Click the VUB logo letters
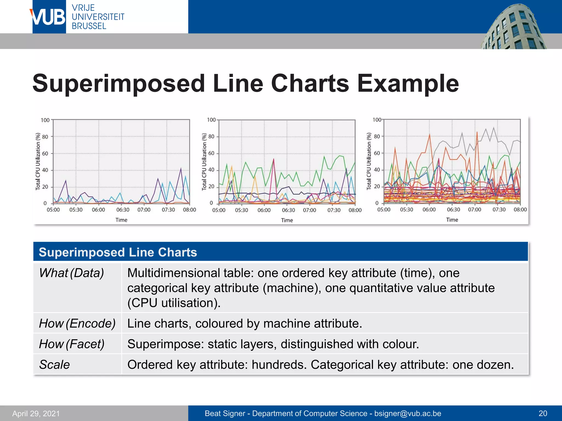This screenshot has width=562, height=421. pos(49,17)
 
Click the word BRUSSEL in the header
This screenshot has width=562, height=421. pos(89,26)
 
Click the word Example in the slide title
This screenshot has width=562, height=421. pos(408,83)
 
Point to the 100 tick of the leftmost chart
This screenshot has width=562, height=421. pos(45,120)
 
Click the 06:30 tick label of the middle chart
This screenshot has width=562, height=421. pos(288,210)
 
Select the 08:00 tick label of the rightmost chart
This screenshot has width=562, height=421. pos(520,210)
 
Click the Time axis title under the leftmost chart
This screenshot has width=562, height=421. pos(121,220)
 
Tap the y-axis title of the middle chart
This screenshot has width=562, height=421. pos(204,162)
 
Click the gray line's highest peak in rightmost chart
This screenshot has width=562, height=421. pos(494,128)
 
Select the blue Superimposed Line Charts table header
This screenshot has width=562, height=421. pos(280,252)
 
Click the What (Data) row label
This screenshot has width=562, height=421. pos(71,273)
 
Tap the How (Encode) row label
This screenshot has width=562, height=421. pos(77,323)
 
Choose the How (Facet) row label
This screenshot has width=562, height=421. pos(72,344)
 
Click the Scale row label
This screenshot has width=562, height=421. pos(54,365)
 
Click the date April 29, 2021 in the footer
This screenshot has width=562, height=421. pos(36,413)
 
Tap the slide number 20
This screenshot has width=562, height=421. pos(543,413)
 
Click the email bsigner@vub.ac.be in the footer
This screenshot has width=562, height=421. pos(408,413)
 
